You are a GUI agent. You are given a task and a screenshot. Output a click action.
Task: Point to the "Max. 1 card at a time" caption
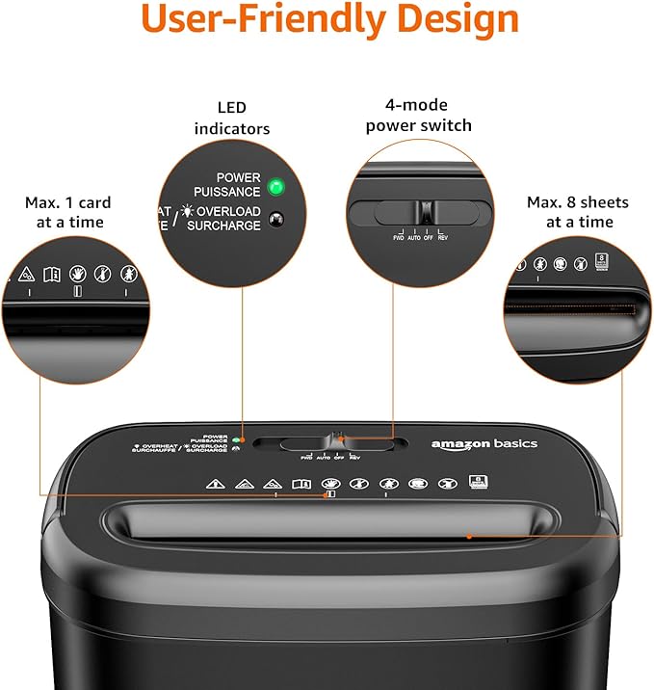[67, 212]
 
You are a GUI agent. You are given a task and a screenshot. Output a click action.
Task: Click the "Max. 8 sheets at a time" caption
[577, 212]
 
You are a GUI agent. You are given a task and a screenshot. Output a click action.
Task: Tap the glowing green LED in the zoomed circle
[277, 185]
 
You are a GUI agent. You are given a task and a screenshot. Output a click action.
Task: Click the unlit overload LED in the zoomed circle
[277, 219]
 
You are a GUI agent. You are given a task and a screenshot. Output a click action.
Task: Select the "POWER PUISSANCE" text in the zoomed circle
[238, 185]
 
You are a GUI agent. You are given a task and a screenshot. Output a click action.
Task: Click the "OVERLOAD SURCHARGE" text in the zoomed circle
[227, 219]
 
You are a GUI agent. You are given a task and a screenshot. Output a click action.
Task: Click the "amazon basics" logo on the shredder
[484, 444]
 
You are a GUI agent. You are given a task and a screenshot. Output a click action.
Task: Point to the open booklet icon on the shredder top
[301, 484]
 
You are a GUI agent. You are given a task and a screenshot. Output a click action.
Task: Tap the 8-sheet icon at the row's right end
[477, 483]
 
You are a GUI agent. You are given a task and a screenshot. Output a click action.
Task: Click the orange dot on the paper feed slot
[469, 535]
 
